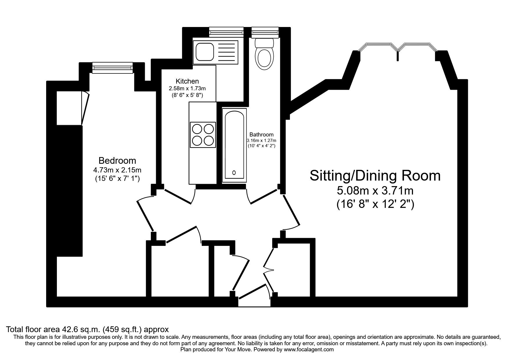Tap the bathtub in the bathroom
tap(234, 145)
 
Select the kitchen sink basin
tap(204, 52)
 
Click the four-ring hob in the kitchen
tap(203, 134)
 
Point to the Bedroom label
tap(117, 161)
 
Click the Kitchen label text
tap(187, 81)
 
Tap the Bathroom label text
tap(261, 135)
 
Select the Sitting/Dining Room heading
tap(375, 176)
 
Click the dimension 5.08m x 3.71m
tap(375, 191)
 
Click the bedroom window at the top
tap(112, 68)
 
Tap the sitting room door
tap(291, 210)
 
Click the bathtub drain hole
tap(234, 173)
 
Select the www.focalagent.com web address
tap(309, 350)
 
